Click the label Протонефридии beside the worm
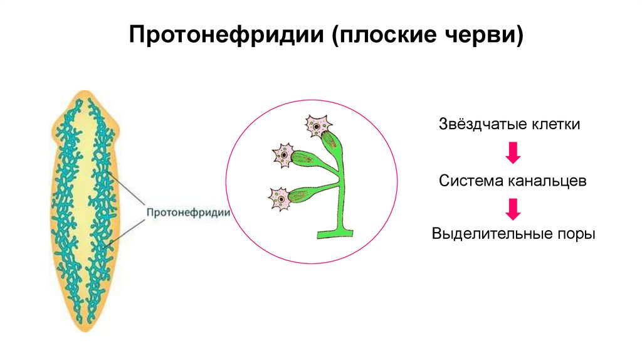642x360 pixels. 187,212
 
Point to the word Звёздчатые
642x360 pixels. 479,124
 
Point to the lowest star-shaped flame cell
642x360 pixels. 280,198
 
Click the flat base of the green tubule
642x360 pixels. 335,234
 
